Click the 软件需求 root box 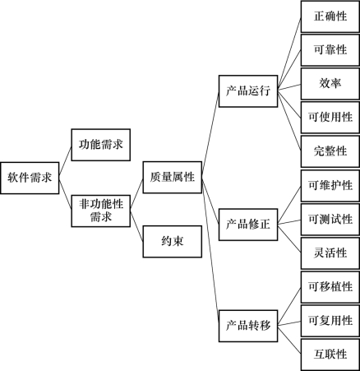(30, 178)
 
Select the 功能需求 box (101, 145)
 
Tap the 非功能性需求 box (101, 211)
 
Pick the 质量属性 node (173, 177)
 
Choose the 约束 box (173, 242)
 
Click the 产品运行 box (248, 91)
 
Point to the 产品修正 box (248, 225)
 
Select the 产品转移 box (248, 326)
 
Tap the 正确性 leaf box (330, 16)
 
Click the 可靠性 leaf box (330, 50)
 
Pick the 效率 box (330, 84)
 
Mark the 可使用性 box (330, 118)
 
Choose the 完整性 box (330, 151)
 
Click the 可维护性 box (330, 186)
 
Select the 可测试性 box (330, 220)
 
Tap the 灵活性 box (330, 253)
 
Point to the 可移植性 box (330, 287)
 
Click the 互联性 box (330, 355)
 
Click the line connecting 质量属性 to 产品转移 (210, 252)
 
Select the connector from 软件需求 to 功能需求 (65, 161)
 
